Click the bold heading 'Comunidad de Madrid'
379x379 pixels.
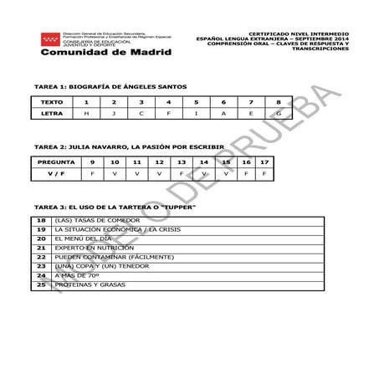(x=105, y=52)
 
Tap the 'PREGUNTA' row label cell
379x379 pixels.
(x=57, y=161)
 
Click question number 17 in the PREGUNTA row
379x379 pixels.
(x=264, y=161)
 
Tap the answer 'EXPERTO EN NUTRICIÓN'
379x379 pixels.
(x=94, y=248)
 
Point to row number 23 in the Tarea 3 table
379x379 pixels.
(x=41, y=266)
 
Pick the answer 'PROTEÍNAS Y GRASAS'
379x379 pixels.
(x=90, y=284)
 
